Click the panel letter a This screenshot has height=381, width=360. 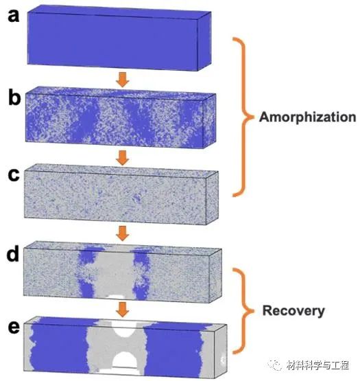[x=14, y=16]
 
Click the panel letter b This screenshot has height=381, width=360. [x=14, y=97]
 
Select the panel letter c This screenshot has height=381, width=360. [x=14, y=175]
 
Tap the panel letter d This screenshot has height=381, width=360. [x=13, y=253]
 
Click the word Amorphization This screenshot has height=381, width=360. [x=308, y=117]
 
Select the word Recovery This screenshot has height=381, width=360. [x=293, y=311]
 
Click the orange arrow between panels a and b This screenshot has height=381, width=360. [x=123, y=80]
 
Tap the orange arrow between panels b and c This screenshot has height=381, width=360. [x=123, y=158]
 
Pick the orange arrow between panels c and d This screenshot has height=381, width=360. [x=123, y=233]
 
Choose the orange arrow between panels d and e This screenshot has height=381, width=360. [x=123, y=310]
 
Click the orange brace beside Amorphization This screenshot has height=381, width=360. [x=246, y=117]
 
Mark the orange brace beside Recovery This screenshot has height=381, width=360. [x=246, y=311]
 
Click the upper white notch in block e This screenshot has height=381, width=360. [x=125, y=330]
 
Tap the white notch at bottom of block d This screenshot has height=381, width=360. [x=116, y=297]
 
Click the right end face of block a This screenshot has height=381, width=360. [x=204, y=41]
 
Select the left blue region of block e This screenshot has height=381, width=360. [x=58, y=346]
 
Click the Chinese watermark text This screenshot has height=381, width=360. [x=317, y=365]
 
